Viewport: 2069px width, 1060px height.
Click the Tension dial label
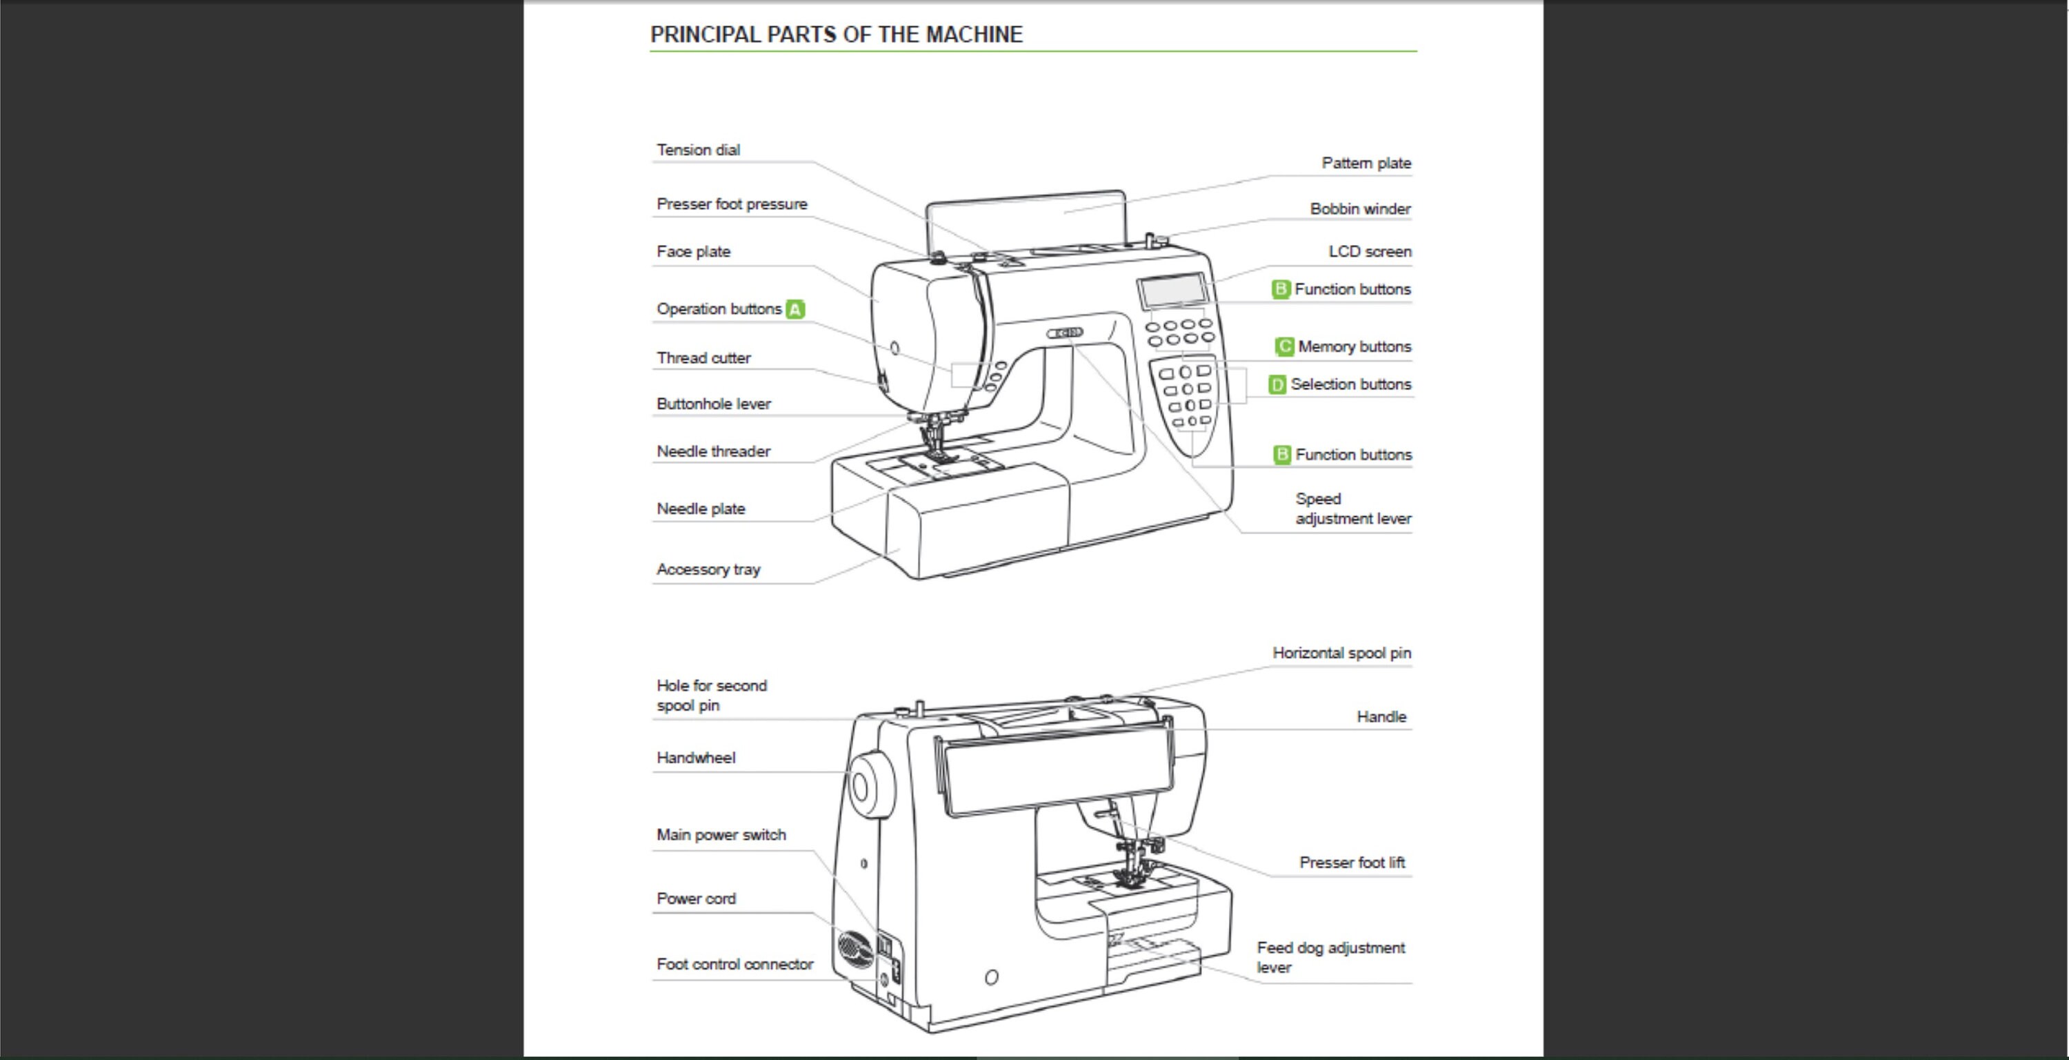[698, 150]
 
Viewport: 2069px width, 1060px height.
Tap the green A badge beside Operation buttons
[795, 309]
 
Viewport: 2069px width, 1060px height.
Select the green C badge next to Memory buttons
[1284, 346]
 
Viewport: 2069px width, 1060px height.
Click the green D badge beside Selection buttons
[1277, 385]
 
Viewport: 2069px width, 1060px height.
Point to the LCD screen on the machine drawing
[1172, 290]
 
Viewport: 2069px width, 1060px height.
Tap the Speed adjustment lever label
[1352, 509]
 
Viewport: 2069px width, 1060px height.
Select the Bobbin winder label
[1360, 209]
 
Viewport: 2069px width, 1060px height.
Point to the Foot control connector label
[734, 964]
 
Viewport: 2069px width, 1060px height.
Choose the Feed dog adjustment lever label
[1330, 957]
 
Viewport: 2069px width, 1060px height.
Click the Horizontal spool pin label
[1341, 654]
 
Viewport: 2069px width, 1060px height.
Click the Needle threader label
[713, 451]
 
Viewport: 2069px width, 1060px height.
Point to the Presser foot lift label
[1352, 863]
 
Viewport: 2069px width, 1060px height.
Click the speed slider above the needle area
[1065, 332]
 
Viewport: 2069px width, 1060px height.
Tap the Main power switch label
[721, 835]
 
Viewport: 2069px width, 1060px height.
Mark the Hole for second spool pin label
[711, 695]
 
